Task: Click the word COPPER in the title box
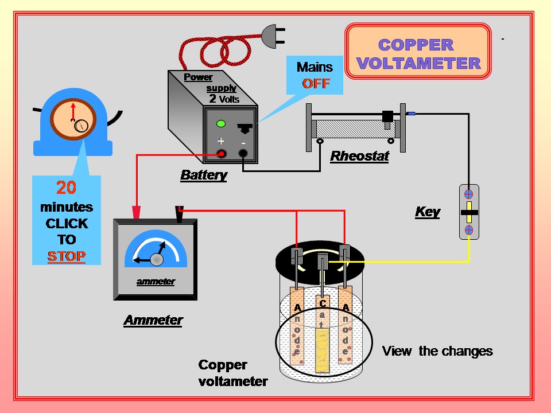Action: click(416, 45)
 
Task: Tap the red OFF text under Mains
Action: click(316, 83)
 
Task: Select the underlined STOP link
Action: click(67, 256)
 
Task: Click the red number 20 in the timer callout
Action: click(67, 188)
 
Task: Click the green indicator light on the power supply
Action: click(220, 124)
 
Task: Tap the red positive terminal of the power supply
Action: click(220, 153)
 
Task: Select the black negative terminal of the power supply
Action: click(243, 153)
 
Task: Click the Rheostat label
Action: click(360, 157)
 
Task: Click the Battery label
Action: click(204, 175)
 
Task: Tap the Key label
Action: click(428, 212)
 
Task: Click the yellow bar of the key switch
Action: click(469, 212)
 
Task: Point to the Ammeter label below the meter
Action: click(153, 320)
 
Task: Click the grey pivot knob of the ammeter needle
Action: click(156, 260)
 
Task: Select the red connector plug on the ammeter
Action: click(137, 213)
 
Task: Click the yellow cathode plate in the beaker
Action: click(323, 344)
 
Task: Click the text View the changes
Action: click(437, 351)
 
